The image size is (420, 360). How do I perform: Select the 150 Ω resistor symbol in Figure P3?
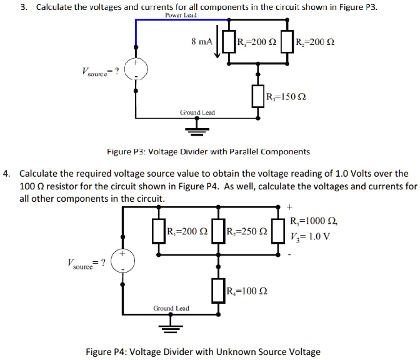tap(257, 96)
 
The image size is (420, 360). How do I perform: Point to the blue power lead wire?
tap(175, 21)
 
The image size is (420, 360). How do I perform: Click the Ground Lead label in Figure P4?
tap(171, 309)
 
